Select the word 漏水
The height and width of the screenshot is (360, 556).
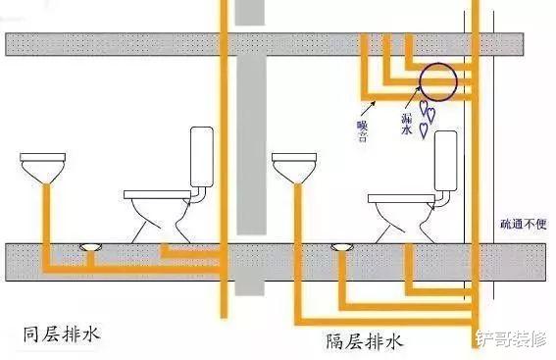click(x=406, y=123)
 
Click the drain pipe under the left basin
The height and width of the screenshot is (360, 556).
click(x=44, y=221)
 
